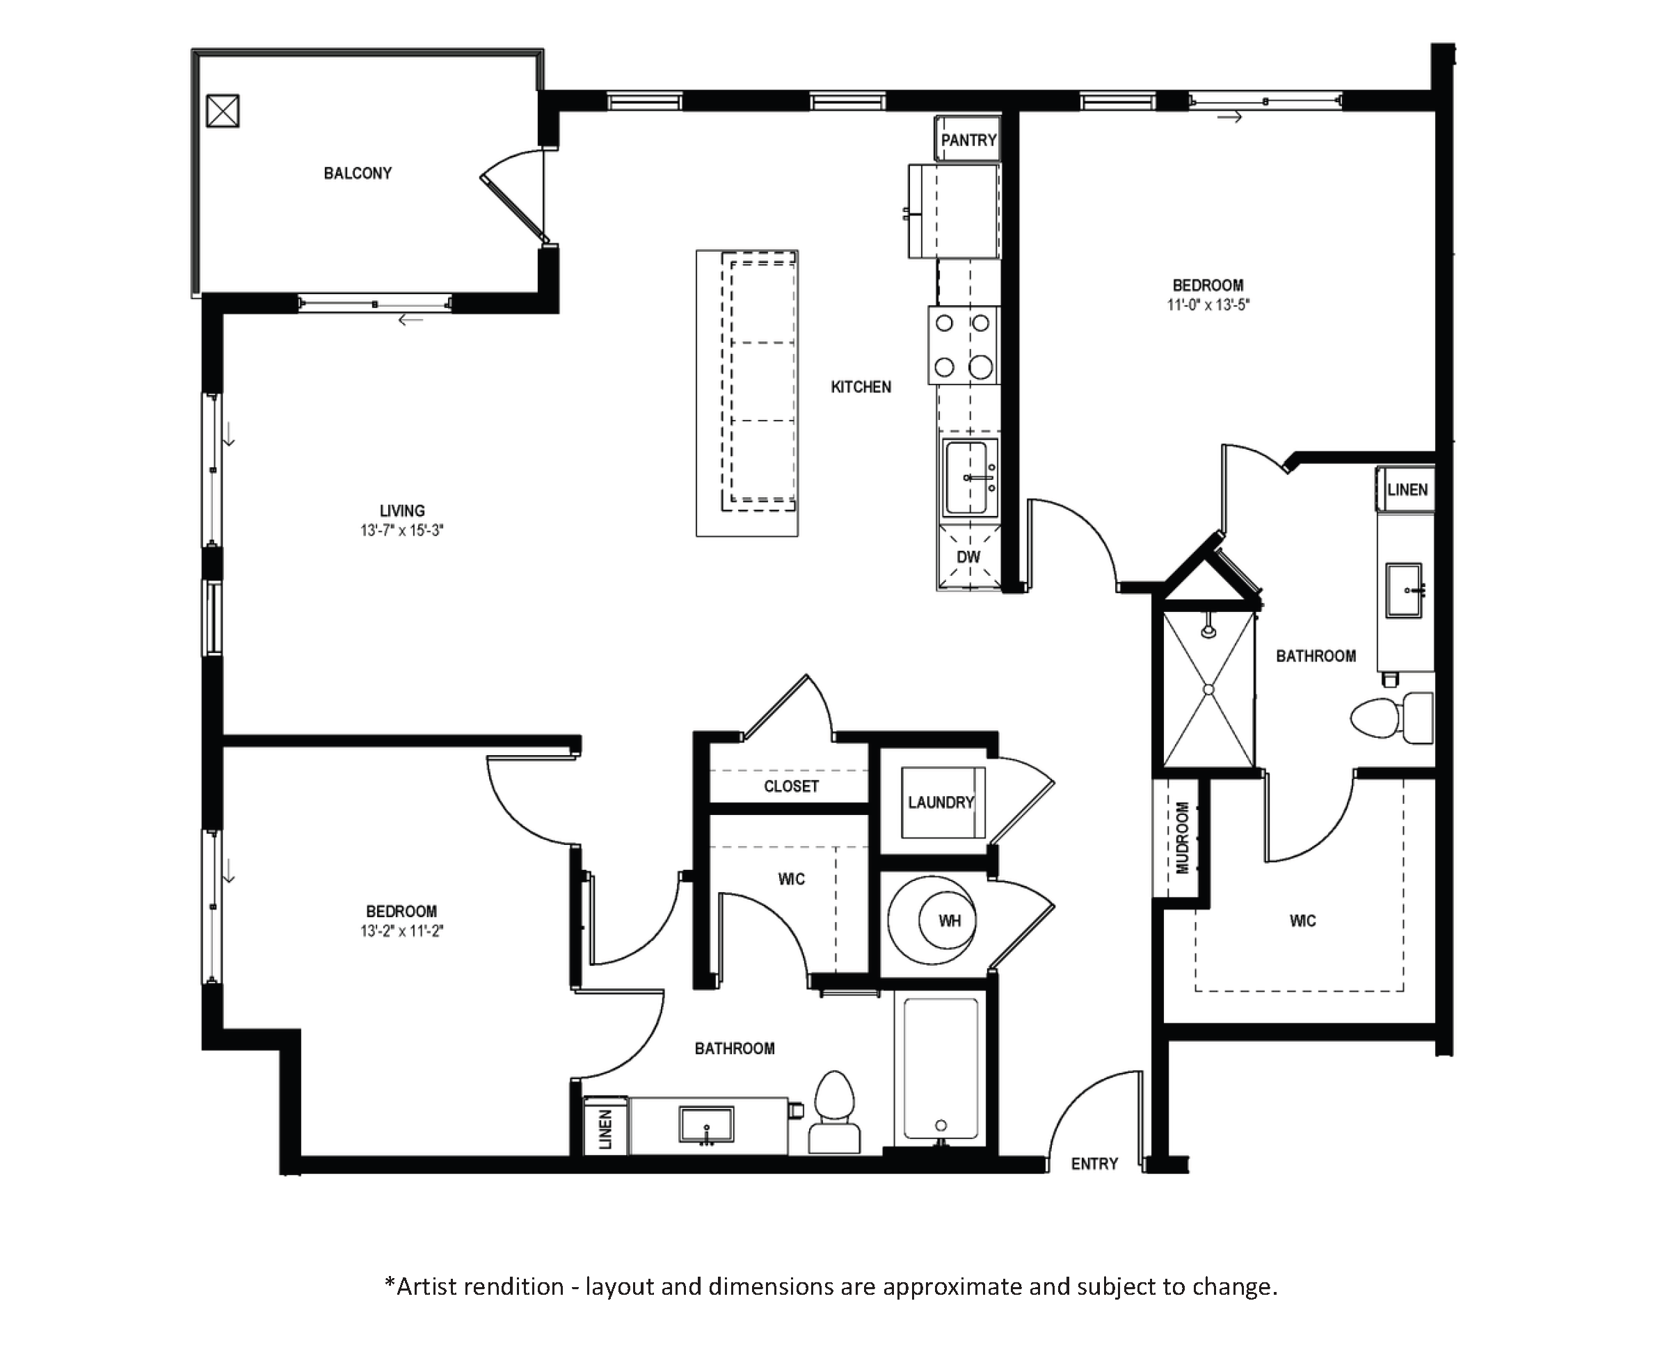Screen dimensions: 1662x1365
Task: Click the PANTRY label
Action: [x=968, y=140]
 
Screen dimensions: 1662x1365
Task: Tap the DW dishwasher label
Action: [x=968, y=557]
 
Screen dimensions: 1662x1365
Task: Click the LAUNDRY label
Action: [x=941, y=802]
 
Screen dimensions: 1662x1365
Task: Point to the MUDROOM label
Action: [x=1181, y=837]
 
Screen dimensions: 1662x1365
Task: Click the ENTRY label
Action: [x=1094, y=1164]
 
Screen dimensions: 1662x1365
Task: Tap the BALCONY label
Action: [x=358, y=173]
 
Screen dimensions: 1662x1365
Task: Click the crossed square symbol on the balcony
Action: [x=223, y=111]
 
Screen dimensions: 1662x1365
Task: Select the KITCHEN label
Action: [x=861, y=387]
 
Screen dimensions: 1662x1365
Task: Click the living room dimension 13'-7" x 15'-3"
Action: [x=402, y=531]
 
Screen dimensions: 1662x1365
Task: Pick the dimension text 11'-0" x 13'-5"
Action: [x=1208, y=305]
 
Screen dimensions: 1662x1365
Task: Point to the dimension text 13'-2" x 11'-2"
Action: [x=402, y=932]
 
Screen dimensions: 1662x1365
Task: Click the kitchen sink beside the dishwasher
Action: [x=969, y=477]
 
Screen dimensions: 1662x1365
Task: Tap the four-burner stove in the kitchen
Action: [x=964, y=345]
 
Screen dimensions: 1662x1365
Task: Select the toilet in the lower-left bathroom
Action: [x=835, y=1112]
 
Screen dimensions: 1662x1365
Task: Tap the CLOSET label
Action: [x=791, y=786]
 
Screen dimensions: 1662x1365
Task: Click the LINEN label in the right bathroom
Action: [x=1407, y=490]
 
